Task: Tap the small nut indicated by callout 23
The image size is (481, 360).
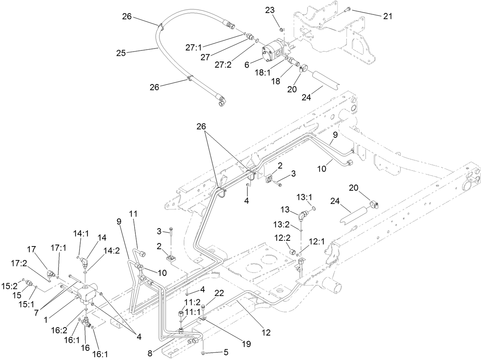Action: (x=281, y=29)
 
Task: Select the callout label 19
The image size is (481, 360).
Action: (x=247, y=344)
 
